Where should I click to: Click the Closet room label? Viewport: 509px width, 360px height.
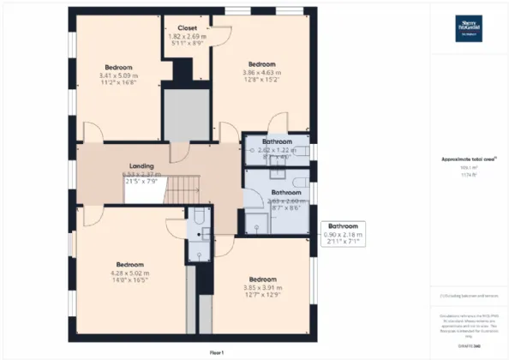(x=187, y=28)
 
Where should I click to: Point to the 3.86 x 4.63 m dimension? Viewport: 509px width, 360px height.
(x=261, y=75)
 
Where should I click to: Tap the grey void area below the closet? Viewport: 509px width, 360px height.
(x=188, y=111)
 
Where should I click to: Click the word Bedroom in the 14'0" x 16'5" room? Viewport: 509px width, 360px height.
(x=125, y=265)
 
